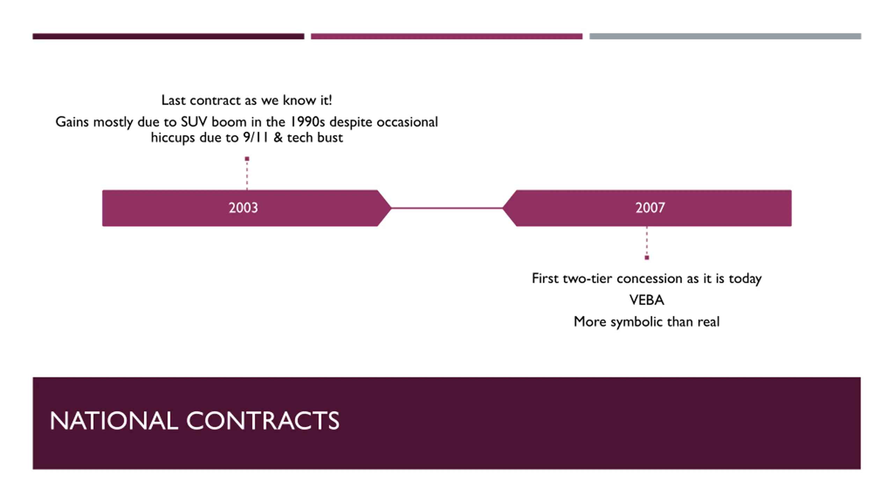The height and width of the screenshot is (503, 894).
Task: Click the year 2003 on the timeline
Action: (x=243, y=208)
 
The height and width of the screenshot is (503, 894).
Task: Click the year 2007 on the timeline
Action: (x=650, y=208)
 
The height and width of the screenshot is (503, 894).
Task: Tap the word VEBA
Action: (x=646, y=300)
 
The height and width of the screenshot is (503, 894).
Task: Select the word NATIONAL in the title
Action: (x=114, y=421)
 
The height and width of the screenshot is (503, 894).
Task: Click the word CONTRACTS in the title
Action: (x=263, y=421)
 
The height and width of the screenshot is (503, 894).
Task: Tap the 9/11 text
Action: (x=256, y=137)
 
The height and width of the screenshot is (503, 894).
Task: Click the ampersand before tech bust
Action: (x=278, y=137)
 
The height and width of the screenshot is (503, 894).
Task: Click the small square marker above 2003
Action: (x=247, y=159)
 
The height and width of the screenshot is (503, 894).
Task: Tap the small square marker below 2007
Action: (x=647, y=258)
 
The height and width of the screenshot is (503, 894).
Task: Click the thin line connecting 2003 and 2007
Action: (x=447, y=208)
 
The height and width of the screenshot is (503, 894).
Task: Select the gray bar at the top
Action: (x=725, y=36)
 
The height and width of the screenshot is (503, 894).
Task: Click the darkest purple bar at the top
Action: (x=168, y=36)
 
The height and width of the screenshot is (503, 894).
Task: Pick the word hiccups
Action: (x=173, y=138)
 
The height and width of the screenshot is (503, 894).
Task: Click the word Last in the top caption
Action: (x=173, y=100)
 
